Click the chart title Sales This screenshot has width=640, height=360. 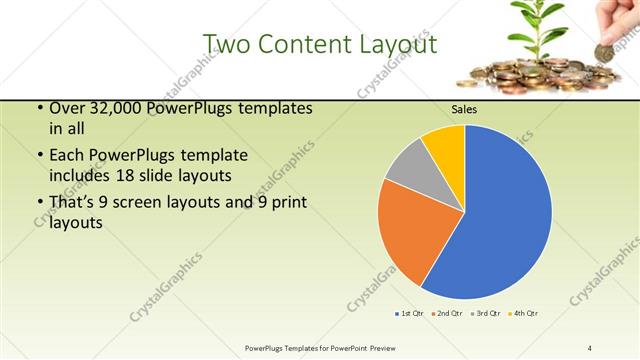(x=464, y=110)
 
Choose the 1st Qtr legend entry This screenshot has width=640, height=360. (x=409, y=314)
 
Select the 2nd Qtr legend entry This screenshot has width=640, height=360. (x=445, y=314)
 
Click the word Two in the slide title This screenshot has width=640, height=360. (x=228, y=44)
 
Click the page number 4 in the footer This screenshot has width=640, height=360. (x=590, y=347)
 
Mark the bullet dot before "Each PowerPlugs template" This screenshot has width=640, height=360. (x=39, y=156)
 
